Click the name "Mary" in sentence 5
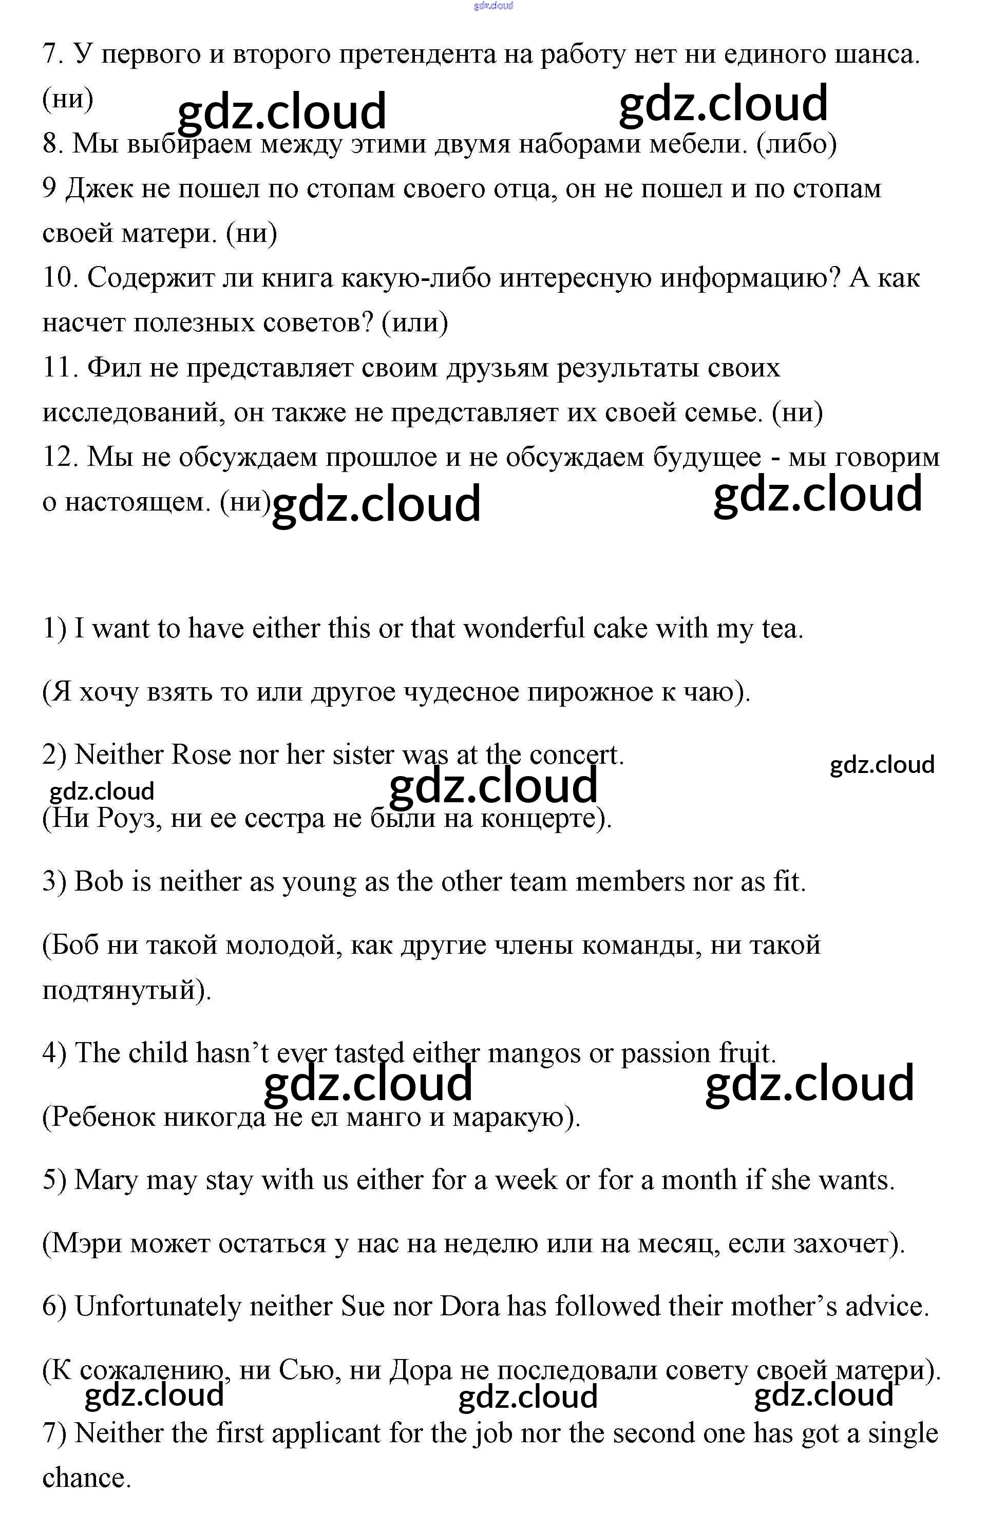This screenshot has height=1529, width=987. (x=106, y=1180)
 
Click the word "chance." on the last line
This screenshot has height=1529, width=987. (x=86, y=1478)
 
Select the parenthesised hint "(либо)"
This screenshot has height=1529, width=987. (x=796, y=143)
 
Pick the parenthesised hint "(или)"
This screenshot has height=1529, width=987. (x=414, y=323)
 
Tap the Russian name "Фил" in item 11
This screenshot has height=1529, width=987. (x=113, y=368)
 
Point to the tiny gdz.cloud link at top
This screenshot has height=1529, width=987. (x=494, y=6)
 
